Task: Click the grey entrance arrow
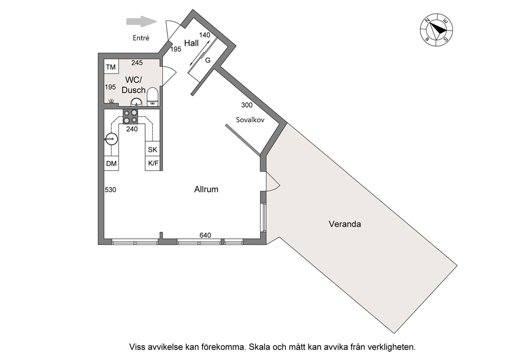[141, 22]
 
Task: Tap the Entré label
[141, 38]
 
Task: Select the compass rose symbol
[437, 30]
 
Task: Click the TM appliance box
[111, 66]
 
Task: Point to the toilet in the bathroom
[152, 97]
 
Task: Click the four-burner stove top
[130, 117]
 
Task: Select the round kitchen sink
[111, 139]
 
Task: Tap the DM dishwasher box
[111, 163]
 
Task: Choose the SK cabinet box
[152, 149]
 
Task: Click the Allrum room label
[206, 189]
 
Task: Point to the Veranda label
[345, 224]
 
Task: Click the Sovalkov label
[250, 120]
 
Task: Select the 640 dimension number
[205, 235]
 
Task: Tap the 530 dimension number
[110, 190]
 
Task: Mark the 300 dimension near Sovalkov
[247, 105]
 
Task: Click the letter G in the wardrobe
[208, 60]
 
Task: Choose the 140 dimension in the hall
[205, 35]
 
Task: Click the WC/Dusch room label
[133, 85]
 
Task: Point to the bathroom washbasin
[136, 103]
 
